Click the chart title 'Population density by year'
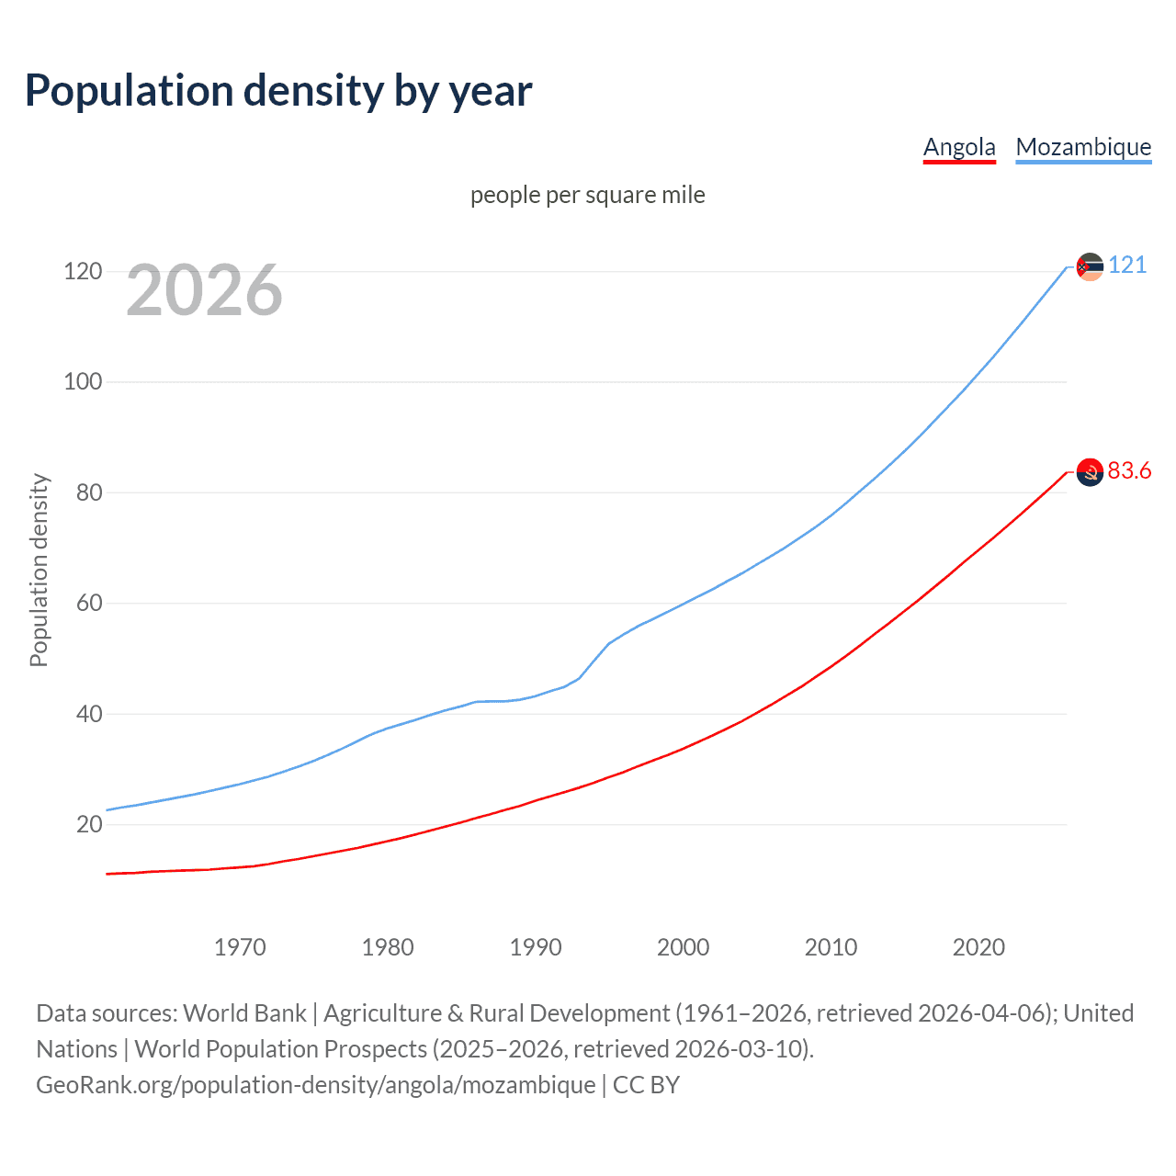(278, 91)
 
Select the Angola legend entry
(959, 147)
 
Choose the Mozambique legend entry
(1083, 147)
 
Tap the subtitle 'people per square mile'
(588, 195)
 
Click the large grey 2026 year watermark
(204, 290)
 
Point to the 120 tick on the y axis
(83, 271)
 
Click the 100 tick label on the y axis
(83, 381)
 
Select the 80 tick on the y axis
(89, 492)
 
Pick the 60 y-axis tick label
(89, 604)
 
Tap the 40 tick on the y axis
(89, 714)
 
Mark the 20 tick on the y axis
(89, 824)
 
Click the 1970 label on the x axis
(240, 947)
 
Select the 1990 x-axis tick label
(536, 947)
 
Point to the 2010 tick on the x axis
(831, 947)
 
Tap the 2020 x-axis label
(978, 947)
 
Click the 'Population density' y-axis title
(39, 570)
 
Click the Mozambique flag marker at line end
(1090, 266)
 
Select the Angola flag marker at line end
(1090, 472)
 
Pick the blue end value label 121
(1127, 266)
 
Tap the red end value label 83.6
(1129, 471)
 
